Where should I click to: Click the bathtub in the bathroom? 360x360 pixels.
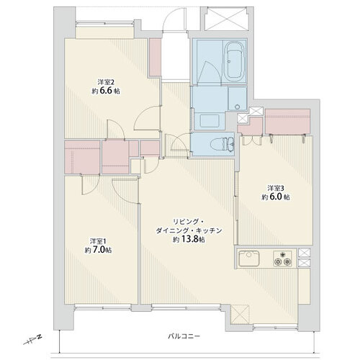234,62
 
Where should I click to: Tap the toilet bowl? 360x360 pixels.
222,144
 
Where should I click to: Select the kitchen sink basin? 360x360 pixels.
249,258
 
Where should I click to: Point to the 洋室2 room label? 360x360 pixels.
106,82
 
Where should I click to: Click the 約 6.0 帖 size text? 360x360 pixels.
276,197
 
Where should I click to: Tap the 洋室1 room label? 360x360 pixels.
98,240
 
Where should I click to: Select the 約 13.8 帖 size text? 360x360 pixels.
189,240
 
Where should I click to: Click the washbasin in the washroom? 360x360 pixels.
210,121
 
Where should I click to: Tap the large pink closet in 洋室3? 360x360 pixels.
287,121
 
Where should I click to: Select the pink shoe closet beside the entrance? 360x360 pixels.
155,57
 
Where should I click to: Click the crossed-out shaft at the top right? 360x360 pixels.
226,19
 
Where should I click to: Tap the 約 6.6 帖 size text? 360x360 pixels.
106,91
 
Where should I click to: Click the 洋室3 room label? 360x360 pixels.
276,188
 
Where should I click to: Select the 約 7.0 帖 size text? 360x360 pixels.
98,250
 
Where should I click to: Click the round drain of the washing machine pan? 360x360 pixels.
238,107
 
